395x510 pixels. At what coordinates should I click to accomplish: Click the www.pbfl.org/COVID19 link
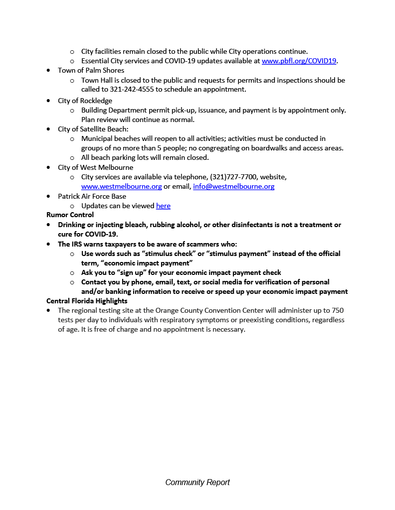(299, 61)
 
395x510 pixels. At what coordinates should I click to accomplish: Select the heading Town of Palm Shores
(91, 70)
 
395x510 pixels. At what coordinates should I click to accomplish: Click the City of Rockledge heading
(85, 101)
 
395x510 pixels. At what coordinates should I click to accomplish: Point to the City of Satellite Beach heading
(93, 129)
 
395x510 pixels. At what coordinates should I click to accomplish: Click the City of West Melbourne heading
(95, 167)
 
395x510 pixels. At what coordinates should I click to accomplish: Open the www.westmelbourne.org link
(121, 186)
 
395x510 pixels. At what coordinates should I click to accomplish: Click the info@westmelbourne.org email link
(233, 186)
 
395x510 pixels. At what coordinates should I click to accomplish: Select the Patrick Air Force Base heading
(92, 196)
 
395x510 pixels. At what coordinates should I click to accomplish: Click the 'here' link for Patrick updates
(163, 206)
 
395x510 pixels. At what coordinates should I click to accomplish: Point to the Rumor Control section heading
(70, 215)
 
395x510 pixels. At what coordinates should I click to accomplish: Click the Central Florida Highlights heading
(87, 301)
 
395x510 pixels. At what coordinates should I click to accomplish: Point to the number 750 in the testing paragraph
(337, 310)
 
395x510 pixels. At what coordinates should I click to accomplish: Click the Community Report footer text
(197, 482)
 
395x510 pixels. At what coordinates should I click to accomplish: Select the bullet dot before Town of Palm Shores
(48, 71)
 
